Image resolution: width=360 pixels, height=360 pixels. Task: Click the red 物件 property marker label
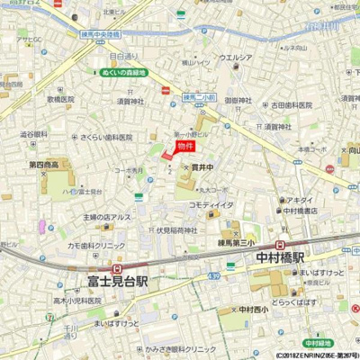[184, 145]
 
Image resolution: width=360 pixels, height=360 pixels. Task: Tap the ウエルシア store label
[235, 58]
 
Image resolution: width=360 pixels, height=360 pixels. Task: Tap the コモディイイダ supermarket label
[211, 205]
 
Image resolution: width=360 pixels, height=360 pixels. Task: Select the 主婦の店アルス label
[108, 216]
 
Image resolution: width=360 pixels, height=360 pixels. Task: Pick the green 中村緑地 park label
[316, 343]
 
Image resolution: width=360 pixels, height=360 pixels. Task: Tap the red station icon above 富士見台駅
[119, 268]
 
